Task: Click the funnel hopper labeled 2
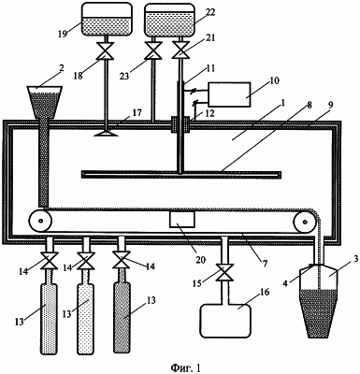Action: pyautogui.click(x=45, y=102)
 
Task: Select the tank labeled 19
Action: pyautogui.click(x=107, y=19)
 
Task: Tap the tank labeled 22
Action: pyautogui.click(x=170, y=19)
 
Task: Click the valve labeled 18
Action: pyautogui.click(x=106, y=51)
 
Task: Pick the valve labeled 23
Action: pyautogui.click(x=153, y=51)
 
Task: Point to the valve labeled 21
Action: pyautogui.click(x=180, y=51)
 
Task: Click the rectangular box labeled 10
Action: pyautogui.click(x=230, y=94)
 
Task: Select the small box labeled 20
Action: pyautogui.click(x=182, y=220)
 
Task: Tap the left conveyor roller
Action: pyautogui.click(x=40, y=221)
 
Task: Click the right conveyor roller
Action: pyautogui.click(x=305, y=222)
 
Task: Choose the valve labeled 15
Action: pyautogui.click(x=225, y=273)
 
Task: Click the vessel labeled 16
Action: pyautogui.click(x=226, y=321)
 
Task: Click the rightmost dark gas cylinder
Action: pyautogui.click(x=122, y=317)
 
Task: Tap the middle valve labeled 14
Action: pyautogui.click(x=85, y=261)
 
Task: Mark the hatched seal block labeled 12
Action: pyautogui.click(x=180, y=124)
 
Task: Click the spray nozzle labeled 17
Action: pyautogui.click(x=106, y=134)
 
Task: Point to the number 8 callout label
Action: pyautogui.click(x=309, y=105)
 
